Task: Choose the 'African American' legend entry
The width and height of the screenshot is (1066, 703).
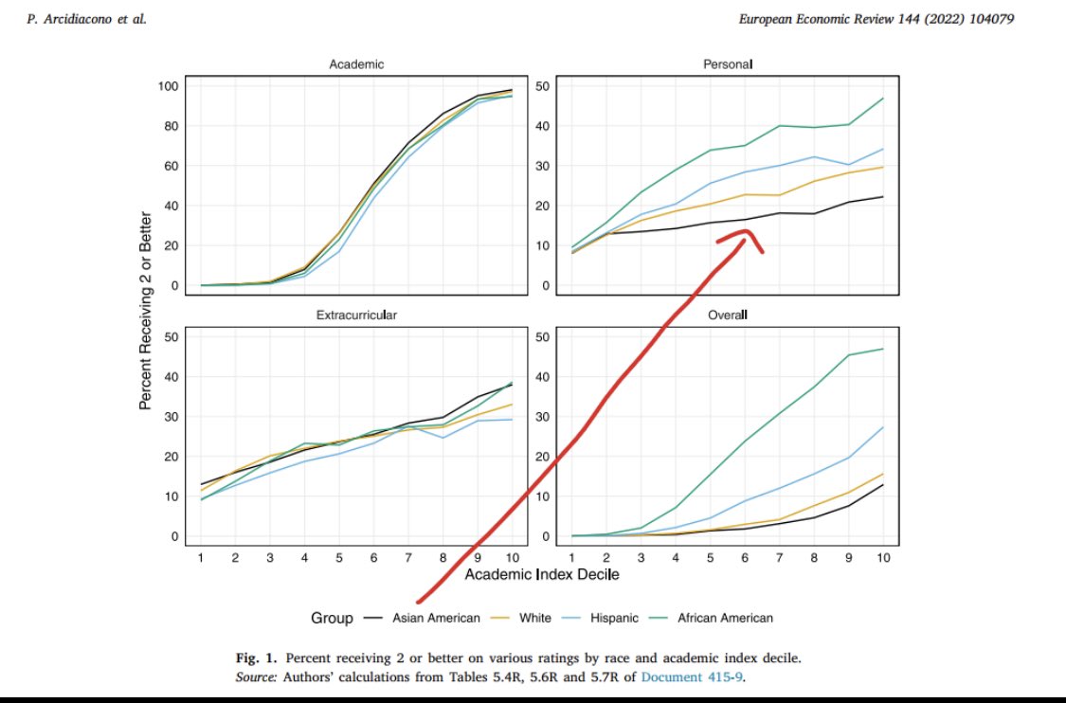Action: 725,618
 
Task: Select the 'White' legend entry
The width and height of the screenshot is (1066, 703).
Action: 535,618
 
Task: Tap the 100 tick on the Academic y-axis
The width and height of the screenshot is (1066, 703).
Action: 168,86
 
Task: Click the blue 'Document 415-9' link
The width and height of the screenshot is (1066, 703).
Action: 686,677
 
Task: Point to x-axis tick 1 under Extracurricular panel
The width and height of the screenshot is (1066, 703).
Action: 200,557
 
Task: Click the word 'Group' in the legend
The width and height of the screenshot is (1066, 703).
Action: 332,618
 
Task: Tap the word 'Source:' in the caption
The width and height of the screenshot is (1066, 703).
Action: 256,677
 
